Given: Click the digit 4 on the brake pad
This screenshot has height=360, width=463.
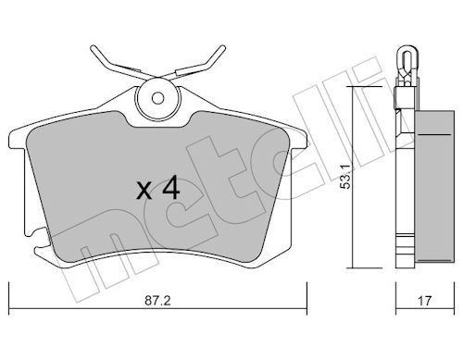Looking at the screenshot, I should [169, 190].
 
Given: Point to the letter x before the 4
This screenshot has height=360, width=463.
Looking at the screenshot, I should [144, 192].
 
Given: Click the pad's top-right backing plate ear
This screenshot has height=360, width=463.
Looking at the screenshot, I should [297, 130].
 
